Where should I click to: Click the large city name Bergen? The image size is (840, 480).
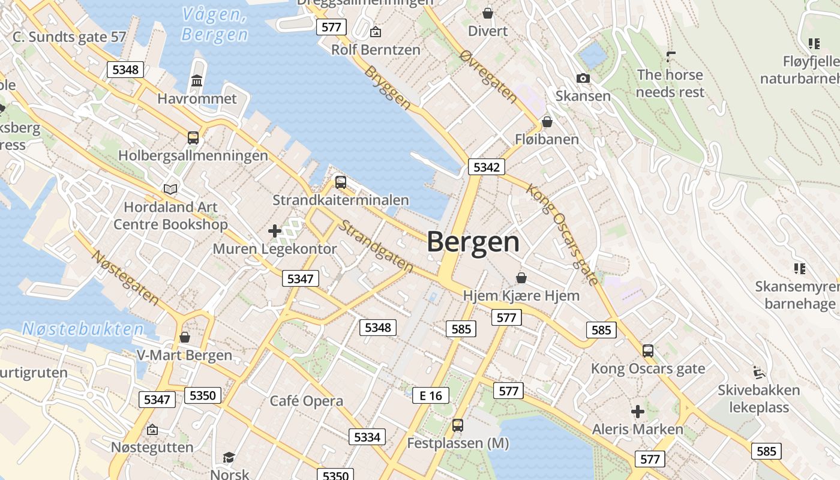(473, 242)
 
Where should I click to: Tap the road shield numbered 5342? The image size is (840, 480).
(486, 167)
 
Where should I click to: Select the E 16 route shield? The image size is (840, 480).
(431, 395)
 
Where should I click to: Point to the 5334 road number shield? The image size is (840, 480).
(367, 437)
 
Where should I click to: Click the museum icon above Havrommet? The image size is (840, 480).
(197, 80)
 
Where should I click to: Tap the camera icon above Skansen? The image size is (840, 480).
(583, 79)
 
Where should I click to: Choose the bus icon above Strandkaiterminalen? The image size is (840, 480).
(341, 182)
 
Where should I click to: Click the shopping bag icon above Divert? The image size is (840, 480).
(488, 13)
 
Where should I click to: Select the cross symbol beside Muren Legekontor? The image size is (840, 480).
(275, 230)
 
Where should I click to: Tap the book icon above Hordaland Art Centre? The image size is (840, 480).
(170, 190)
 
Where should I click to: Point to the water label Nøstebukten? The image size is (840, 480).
(83, 329)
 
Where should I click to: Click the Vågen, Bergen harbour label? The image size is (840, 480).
(214, 25)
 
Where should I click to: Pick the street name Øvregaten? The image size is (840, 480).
(488, 76)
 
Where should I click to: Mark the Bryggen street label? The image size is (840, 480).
(388, 88)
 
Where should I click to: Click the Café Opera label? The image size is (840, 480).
(307, 401)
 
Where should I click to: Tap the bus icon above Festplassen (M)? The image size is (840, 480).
(458, 425)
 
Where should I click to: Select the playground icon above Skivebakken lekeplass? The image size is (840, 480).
(759, 372)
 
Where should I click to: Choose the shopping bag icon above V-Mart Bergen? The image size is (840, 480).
(185, 337)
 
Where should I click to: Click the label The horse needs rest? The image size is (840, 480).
(670, 83)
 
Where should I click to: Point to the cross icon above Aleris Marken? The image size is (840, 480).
(638, 412)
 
